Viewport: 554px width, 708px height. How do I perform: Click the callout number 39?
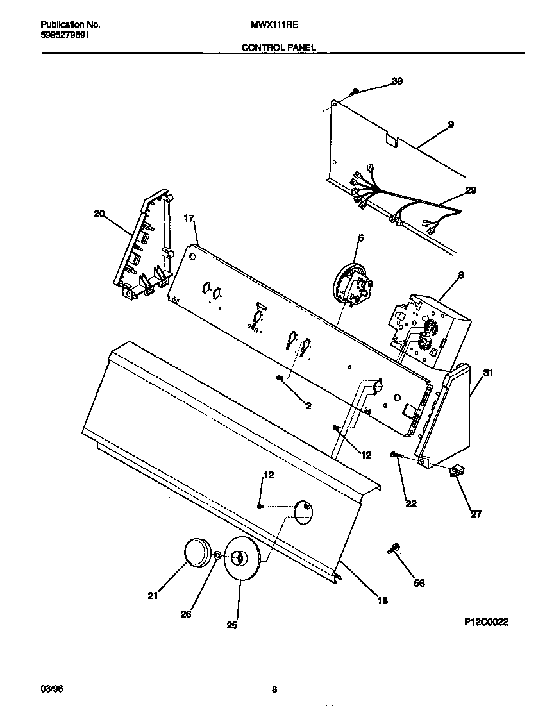[x=398, y=81]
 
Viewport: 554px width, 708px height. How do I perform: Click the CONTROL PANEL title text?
[x=278, y=47]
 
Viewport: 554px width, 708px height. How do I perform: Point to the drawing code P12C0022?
[x=487, y=621]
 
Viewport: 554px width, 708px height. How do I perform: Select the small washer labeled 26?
[x=219, y=555]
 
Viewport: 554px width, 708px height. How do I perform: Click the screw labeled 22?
[x=396, y=455]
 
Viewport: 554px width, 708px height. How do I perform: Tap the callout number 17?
[x=189, y=218]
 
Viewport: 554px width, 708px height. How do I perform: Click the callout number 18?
[x=382, y=601]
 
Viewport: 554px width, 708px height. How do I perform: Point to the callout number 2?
[x=308, y=406]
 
